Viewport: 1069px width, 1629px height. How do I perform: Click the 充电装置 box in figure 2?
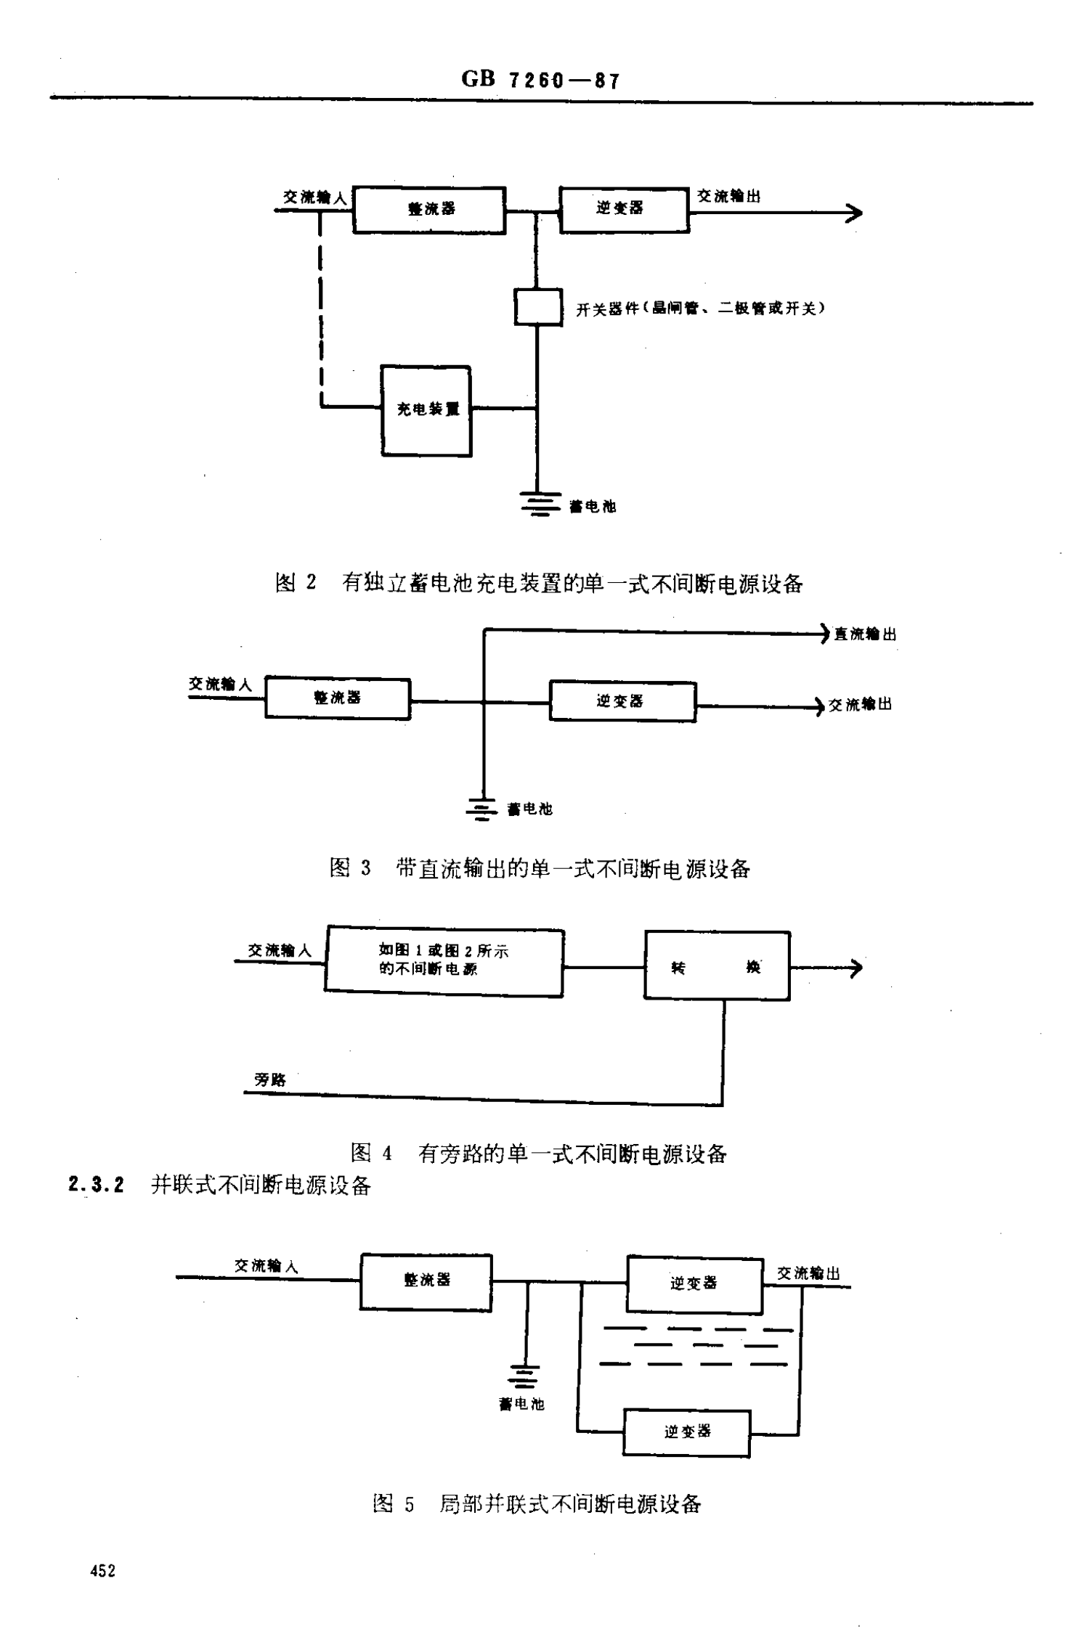click(x=426, y=411)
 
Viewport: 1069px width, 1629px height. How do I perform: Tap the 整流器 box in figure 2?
click(x=429, y=210)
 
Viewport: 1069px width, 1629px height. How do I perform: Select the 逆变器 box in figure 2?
click(x=624, y=209)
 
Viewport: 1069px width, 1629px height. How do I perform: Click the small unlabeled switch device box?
click(x=538, y=307)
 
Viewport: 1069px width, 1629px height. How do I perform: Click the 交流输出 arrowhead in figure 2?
click(x=855, y=213)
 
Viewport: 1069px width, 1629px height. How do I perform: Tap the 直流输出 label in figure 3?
click(x=864, y=634)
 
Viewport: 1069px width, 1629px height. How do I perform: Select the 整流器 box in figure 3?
click(x=338, y=698)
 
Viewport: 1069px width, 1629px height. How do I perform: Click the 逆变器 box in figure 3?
click(x=622, y=701)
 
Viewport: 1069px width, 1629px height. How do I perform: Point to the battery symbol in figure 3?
click(x=481, y=809)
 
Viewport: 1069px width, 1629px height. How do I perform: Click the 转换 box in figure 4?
click(x=717, y=966)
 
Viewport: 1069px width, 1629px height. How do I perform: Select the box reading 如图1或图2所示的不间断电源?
click(x=444, y=960)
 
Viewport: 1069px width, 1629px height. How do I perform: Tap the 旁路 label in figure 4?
click(x=270, y=1079)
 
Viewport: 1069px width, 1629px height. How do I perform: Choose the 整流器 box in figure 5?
click(x=426, y=1281)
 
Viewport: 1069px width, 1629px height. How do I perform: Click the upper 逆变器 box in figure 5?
click(x=694, y=1285)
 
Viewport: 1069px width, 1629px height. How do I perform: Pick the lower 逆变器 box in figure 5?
click(x=687, y=1432)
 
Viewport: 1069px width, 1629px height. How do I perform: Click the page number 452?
click(x=102, y=1571)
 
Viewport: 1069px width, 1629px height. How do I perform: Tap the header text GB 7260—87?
click(x=541, y=79)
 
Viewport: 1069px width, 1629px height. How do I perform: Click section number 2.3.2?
click(x=97, y=1185)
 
